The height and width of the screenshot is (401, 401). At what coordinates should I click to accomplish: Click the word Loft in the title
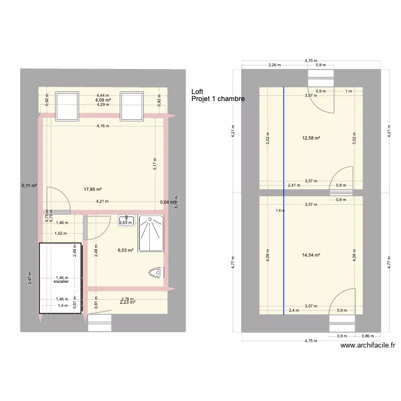(x=197, y=92)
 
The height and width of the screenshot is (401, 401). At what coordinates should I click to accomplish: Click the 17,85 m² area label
(x=92, y=189)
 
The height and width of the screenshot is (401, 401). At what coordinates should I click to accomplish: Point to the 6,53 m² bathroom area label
(x=126, y=249)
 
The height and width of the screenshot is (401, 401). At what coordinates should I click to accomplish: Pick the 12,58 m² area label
(x=310, y=138)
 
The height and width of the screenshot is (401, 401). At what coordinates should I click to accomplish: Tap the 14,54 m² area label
(x=310, y=255)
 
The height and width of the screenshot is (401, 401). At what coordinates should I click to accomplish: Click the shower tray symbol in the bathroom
(x=152, y=233)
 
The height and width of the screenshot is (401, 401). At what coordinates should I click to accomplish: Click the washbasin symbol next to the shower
(x=126, y=221)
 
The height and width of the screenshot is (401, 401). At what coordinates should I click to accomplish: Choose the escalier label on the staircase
(x=61, y=282)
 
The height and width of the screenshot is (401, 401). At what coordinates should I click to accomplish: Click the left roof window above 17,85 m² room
(x=67, y=105)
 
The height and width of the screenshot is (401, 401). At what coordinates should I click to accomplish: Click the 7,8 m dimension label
(x=280, y=211)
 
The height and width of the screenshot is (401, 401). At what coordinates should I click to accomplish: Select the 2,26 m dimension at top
(x=275, y=65)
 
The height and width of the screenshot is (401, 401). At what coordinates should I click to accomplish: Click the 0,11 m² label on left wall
(x=29, y=186)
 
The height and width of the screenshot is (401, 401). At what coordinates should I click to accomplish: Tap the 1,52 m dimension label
(x=61, y=233)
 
